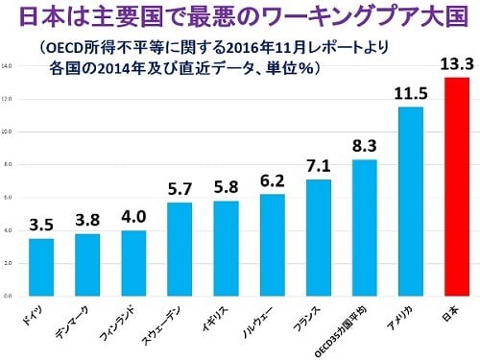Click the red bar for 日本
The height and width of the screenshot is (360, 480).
tap(456, 186)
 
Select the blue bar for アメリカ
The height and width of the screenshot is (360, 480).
tap(410, 201)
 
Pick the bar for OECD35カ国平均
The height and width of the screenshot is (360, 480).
tap(364, 228)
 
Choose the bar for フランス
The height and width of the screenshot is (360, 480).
tap(318, 237)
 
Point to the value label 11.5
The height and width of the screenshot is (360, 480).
tap(410, 94)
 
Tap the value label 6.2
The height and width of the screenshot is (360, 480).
tap(272, 180)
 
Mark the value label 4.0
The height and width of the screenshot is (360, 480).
tap(133, 218)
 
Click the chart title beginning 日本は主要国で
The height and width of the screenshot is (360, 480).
tap(240, 17)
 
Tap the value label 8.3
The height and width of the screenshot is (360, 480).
tap(364, 147)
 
